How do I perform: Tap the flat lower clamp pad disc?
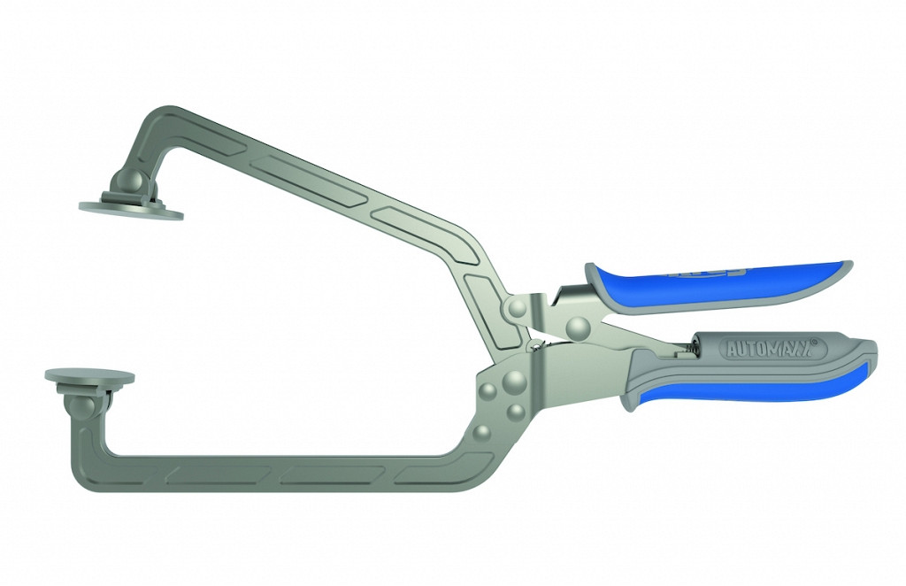coord(90,376)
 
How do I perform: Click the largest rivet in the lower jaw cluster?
coord(514,382)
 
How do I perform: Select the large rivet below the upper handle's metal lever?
coord(580,328)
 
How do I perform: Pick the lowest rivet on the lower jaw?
coord(482,432)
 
